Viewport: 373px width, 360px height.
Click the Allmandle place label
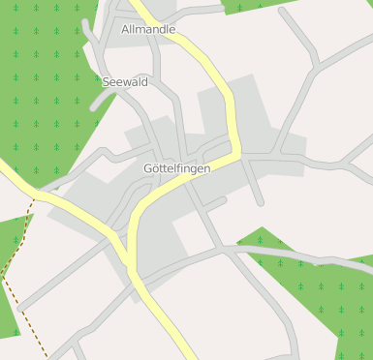(x=148, y=29)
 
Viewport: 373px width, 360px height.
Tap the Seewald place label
(x=125, y=82)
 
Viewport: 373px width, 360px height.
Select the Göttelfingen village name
(x=176, y=168)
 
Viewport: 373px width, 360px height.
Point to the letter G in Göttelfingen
(x=147, y=168)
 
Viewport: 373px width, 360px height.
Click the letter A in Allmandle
(x=126, y=29)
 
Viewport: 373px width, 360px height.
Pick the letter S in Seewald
(x=106, y=82)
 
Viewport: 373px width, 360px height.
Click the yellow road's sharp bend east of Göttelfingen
(x=236, y=149)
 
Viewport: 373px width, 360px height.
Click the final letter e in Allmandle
(x=171, y=29)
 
